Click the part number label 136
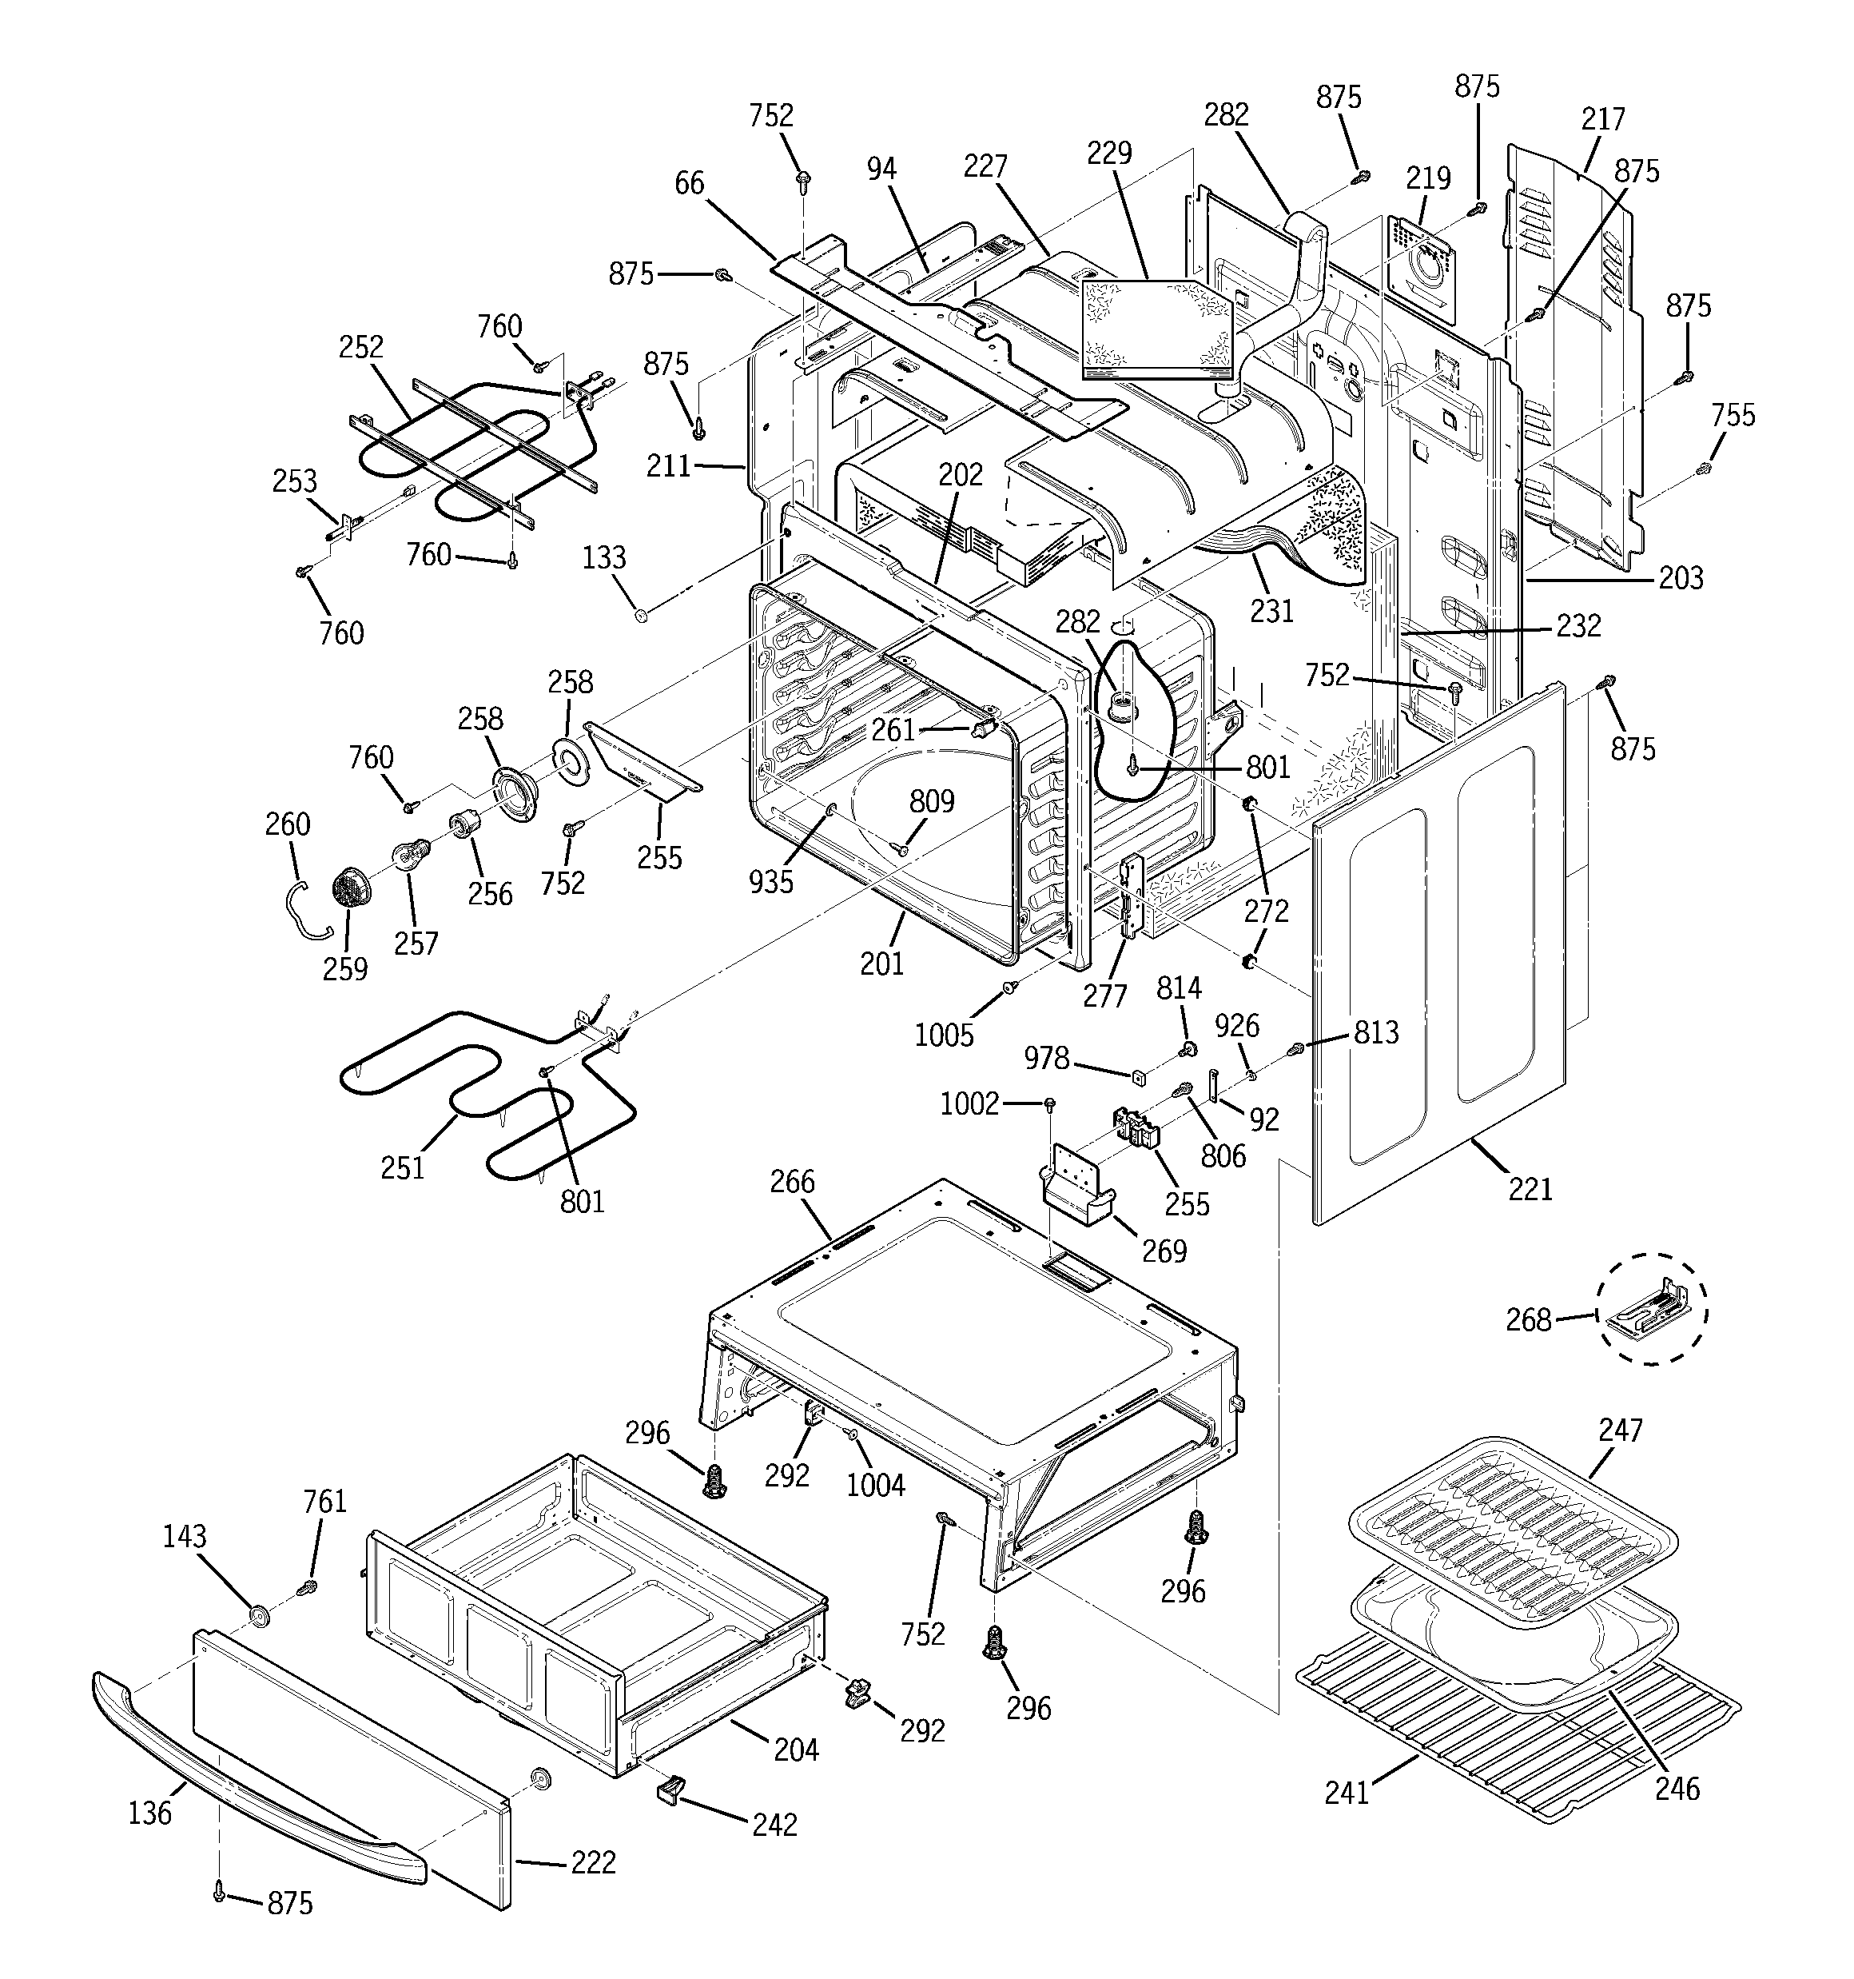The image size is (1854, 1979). pyautogui.click(x=149, y=1813)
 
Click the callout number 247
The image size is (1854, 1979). pyautogui.click(x=1620, y=1430)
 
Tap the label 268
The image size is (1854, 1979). pyautogui.click(x=1529, y=1320)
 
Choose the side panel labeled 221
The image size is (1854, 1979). pyautogui.click(x=1433, y=956)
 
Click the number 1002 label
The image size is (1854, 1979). pyautogui.click(x=969, y=1103)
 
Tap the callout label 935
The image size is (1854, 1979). pyautogui.click(x=771, y=881)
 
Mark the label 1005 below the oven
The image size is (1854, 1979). pyautogui.click(x=944, y=1035)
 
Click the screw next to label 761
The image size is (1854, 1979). pyautogui.click(x=308, y=1585)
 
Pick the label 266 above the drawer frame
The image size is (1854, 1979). pyautogui.click(x=792, y=1182)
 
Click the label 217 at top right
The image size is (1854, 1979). pyautogui.click(x=1603, y=118)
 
